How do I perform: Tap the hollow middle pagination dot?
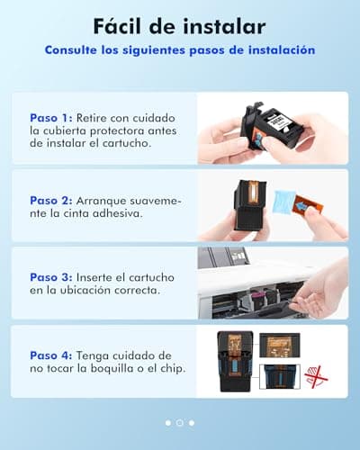[180, 422]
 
